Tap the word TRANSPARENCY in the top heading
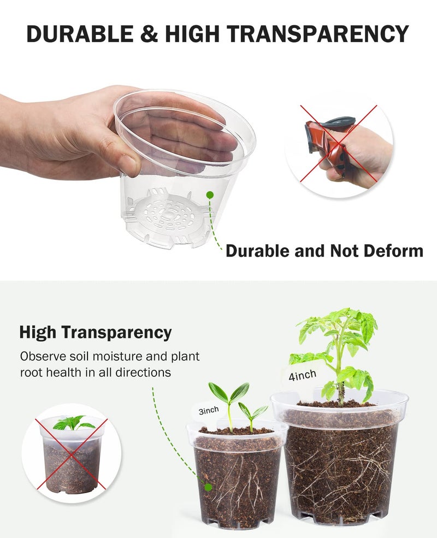[x=317, y=34]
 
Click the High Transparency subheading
[x=96, y=332]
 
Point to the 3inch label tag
[x=208, y=410]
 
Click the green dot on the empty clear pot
[x=209, y=194]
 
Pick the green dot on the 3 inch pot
[x=208, y=487]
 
